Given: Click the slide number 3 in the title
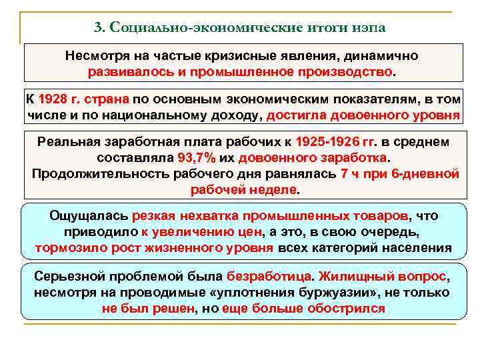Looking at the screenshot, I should (97, 28).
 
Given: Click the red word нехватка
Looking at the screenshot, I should (207, 217).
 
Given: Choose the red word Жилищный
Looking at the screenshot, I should (351, 276).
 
